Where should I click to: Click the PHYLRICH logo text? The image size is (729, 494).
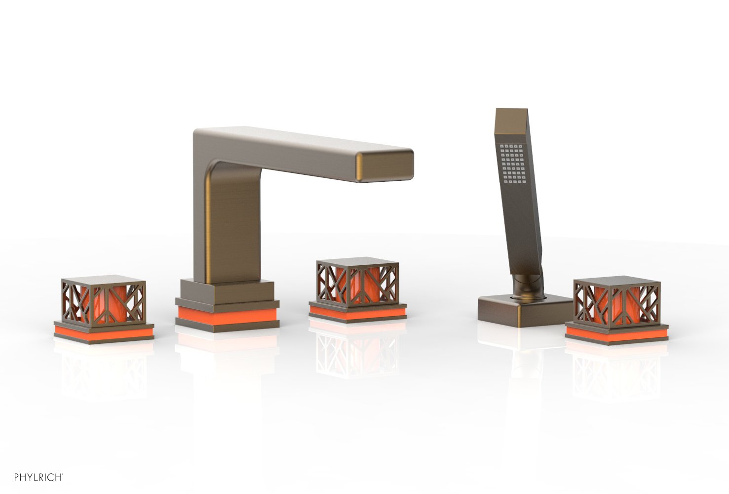coord(38,477)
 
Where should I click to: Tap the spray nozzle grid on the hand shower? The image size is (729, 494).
coord(513,163)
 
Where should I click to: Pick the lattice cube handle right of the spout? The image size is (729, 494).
coord(357,283)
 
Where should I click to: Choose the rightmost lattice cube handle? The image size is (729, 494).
coord(617,301)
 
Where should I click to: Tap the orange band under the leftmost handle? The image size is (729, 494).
coord(104,332)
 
